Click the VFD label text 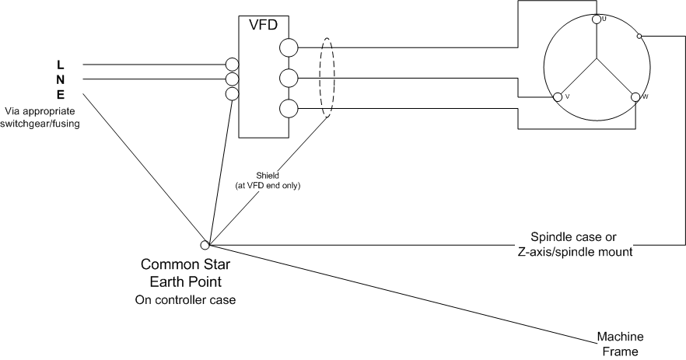[x=263, y=24]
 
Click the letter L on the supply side [x=60, y=64]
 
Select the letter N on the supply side [x=60, y=79]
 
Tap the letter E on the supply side [x=60, y=94]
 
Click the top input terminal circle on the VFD [x=232, y=64]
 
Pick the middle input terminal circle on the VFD [x=232, y=79]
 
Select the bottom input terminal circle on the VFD [x=232, y=94]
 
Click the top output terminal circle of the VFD [x=289, y=48]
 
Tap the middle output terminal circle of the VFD [x=289, y=78]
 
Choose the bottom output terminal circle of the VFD [x=289, y=109]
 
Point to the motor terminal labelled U [x=596, y=19]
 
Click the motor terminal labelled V [x=557, y=97]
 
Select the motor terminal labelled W [x=635, y=97]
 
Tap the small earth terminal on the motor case [x=639, y=36]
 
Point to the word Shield [x=268, y=176]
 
